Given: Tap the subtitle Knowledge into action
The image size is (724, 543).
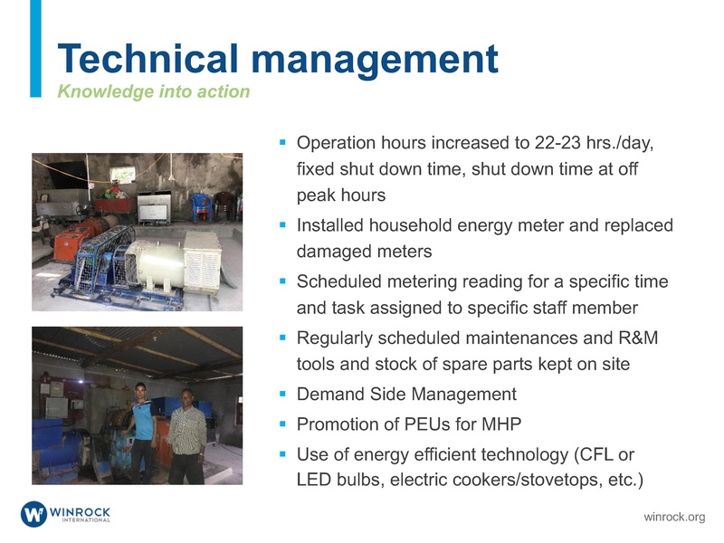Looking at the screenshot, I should pos(153,91).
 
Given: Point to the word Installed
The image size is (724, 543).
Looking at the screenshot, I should pos(333,225).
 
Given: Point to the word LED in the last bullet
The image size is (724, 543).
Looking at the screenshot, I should pos(314,479).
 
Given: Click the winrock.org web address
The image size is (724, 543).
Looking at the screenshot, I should pos(673,517).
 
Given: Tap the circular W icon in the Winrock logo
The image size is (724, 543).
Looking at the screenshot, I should pos(34,514).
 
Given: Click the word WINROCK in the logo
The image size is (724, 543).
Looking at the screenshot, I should pos(81,510).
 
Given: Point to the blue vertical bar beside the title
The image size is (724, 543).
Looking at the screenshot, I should pos(35,49).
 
